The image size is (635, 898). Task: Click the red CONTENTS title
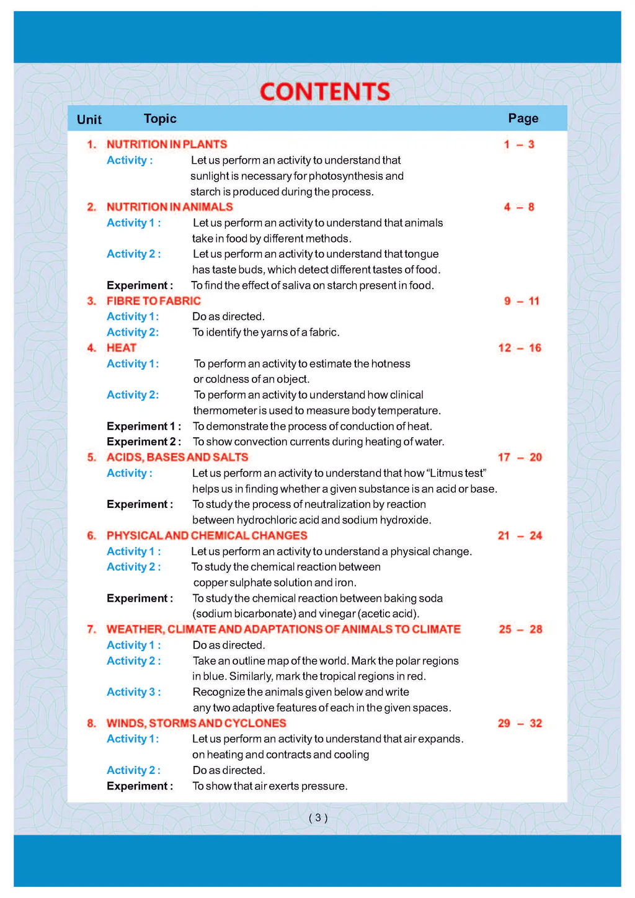325,92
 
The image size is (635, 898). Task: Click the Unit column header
89,120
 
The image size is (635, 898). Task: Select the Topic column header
160,118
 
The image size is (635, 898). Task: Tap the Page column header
523,118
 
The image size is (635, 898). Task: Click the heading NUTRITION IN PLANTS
167,144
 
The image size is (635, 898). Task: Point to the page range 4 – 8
519,207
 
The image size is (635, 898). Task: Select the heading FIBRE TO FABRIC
154,301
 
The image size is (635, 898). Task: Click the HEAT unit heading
122,348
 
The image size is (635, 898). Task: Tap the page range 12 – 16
520,348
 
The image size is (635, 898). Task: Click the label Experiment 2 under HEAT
144,442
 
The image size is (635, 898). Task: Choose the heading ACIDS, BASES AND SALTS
177,457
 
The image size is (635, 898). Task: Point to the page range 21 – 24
520,536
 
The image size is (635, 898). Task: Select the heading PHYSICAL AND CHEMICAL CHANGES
207,536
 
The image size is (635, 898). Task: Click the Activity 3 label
133,692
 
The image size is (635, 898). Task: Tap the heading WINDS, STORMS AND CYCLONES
197,723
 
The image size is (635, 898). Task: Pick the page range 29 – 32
520,723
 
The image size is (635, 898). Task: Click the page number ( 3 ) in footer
317,818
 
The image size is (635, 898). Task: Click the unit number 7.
91,629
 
